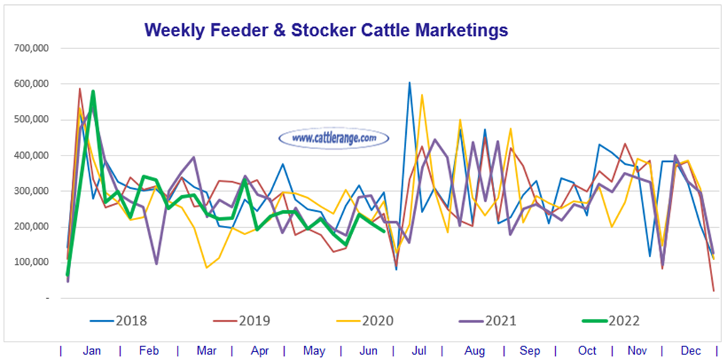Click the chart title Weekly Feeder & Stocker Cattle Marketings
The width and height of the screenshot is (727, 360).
tap(326, 30)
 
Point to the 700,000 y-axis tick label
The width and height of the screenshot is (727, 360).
tap(30, 48)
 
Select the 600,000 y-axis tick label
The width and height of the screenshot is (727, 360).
tap(30, 84)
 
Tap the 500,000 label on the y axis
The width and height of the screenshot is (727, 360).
tap(30, 119)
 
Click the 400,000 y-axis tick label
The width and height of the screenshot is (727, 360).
tap(30, 156)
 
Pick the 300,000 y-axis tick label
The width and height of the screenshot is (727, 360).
tap(30, 191)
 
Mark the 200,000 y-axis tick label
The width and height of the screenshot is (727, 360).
tap(30, 227)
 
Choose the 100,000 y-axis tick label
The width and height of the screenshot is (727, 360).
tap(30, 262)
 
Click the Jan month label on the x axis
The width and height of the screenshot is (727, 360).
tap(90, 351)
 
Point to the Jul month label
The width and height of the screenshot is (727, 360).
tap(419, 351)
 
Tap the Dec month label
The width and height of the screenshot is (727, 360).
tap(691, 351)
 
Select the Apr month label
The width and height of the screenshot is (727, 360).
tap(261, 351)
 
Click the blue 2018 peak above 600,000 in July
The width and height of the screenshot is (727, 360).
tap(409, 82)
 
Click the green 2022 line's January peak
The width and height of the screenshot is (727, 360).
tap(93, 91)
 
